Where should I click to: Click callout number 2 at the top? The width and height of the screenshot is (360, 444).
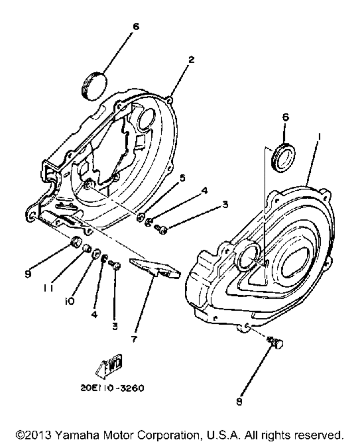(191, 60)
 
